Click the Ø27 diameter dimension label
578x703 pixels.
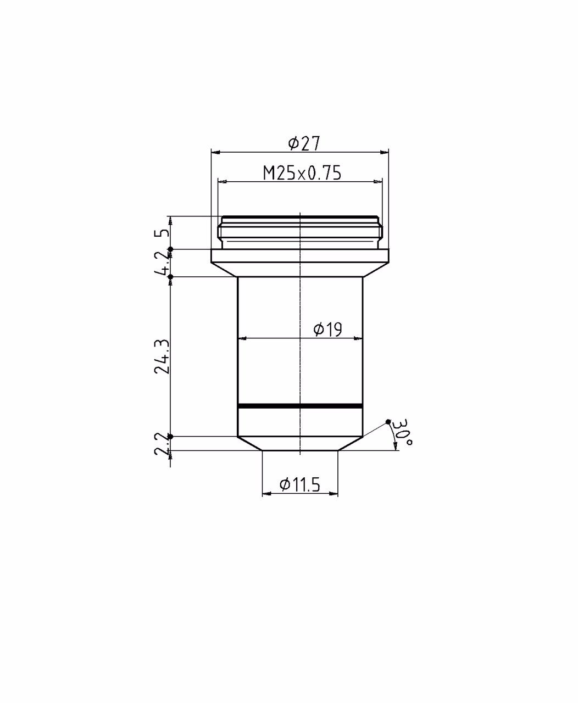coord(304,143)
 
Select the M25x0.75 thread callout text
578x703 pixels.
coord(302,173)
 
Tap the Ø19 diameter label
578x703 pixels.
coord(328,330)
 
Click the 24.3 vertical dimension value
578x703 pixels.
coord(163,356)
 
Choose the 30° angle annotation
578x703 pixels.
coord(402,432)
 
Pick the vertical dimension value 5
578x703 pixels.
coord(163,232)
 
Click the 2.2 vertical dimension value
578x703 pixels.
coord(163,444)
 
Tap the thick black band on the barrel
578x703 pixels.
coord(300,406)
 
